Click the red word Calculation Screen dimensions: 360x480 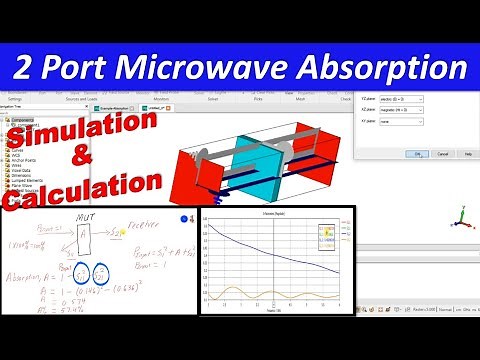tap(80, 189)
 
